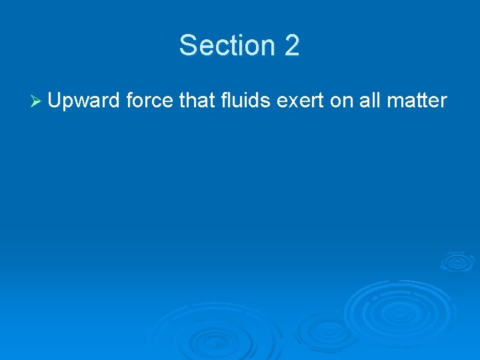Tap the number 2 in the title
pos(292,45)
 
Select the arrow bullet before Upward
pos(37,101)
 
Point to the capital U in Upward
pos(55,101)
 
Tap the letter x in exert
pos(289,101)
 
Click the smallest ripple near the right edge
pos(457,261)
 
